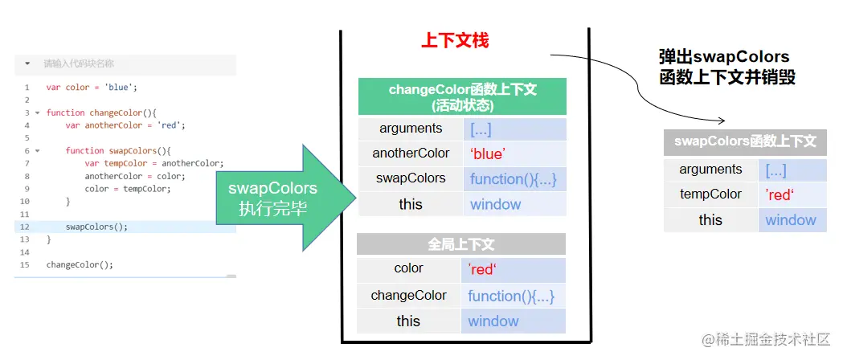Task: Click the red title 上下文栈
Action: point(455,40)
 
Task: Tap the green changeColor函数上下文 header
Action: point(462,96)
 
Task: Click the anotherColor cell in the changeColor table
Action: point(411,153)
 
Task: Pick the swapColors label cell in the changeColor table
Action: point(411,178)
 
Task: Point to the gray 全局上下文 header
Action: point(461,244)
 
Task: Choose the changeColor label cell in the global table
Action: point(408,295)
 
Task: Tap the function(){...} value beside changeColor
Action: point(512,296)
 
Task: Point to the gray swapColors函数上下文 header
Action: point(745,141)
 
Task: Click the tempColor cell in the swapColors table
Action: point(710,194)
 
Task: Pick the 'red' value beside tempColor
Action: point(780,194)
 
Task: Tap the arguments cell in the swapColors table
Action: point(710,169)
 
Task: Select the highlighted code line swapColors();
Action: point(96,227)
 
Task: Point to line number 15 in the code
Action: point(27,264)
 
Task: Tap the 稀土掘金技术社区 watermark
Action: point(765,341)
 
